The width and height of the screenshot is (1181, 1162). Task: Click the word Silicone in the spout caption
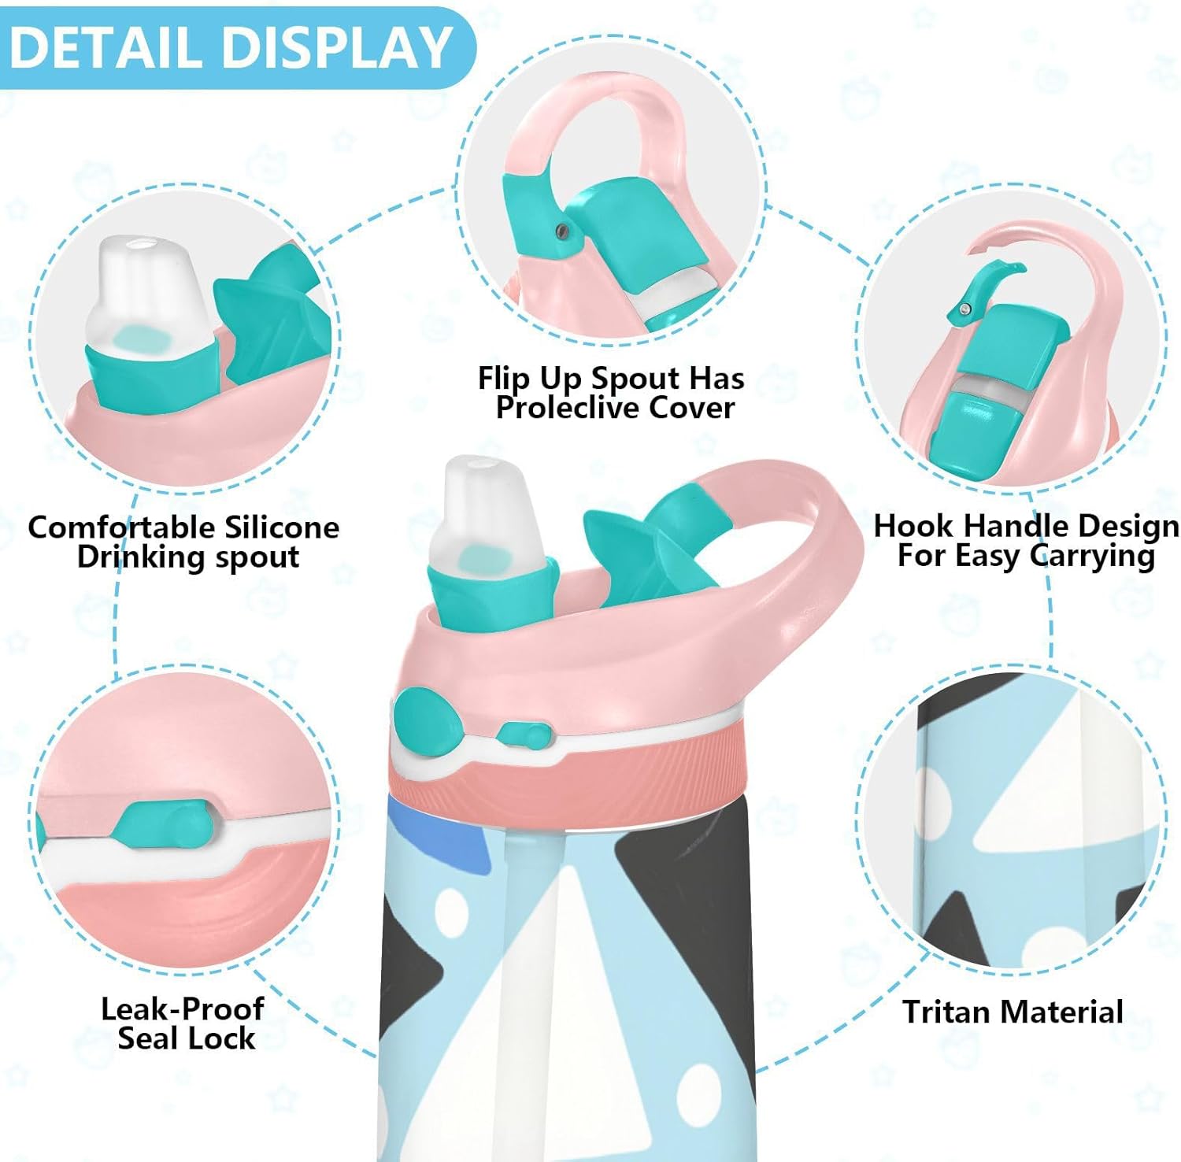[282, 527]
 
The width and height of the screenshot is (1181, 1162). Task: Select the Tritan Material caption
[1013, 1012]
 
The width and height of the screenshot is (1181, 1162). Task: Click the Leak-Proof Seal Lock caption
[183, 1023]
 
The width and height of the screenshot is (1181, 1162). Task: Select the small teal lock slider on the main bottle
[523, 735]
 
